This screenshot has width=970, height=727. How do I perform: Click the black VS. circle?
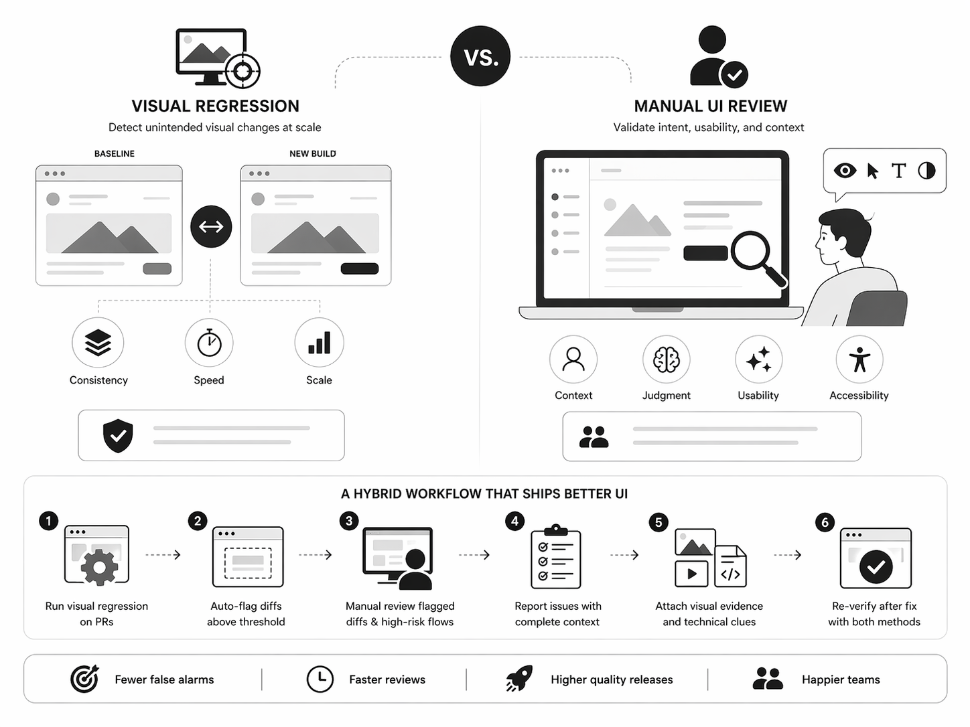[x=480, y=57]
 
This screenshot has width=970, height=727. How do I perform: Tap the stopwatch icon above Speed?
[x=209, y=343]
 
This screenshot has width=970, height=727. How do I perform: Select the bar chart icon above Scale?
[x=319, y=343]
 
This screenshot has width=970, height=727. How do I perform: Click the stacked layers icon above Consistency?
[x=98, y=343]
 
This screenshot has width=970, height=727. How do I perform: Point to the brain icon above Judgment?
[x=666, y=359]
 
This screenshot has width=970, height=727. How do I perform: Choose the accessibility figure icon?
[x=859, y=359]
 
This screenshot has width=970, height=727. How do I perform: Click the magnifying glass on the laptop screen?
[x=756, y=255]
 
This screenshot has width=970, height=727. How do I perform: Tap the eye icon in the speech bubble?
[x=845, y=170]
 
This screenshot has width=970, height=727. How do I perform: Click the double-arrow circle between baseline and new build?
[x=211, y=227]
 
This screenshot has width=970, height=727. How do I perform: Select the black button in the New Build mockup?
[x=360, y=268]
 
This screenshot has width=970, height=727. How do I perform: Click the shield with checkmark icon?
[x=118, y=436]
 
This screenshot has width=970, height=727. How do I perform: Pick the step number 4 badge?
[x=514, y=521]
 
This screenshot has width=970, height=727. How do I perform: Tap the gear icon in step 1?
[x=99, y=568]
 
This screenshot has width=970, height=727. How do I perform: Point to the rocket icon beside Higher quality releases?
[x=519, y=679]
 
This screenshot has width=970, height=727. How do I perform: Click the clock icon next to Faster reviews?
[x=320, y=679]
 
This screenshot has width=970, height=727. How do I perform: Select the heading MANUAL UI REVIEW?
[x=710, y=106]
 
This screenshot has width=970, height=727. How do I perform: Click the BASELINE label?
[x=114, y=153]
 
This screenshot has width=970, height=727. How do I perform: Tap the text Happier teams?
[x=841, y=679]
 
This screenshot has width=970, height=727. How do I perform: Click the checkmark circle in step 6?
[x=876, y=567]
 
